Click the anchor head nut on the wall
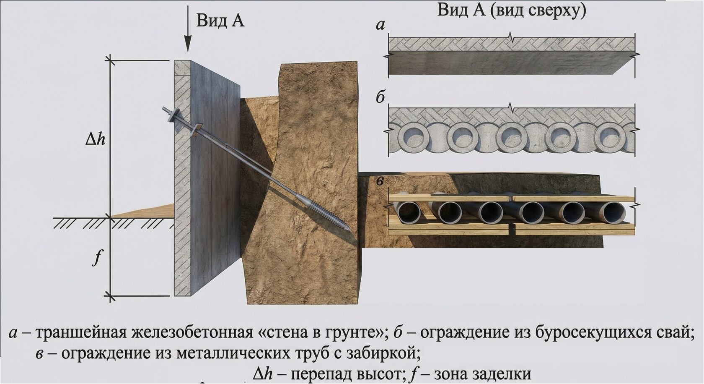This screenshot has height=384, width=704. [x=172, y=112]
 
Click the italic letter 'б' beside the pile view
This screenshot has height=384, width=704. [x=380, y=98]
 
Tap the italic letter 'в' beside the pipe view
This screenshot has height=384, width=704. [x=380, y=181]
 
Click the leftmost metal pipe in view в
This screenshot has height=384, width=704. [x=408, y=213]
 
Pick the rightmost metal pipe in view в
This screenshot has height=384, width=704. [x=614, y=213]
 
